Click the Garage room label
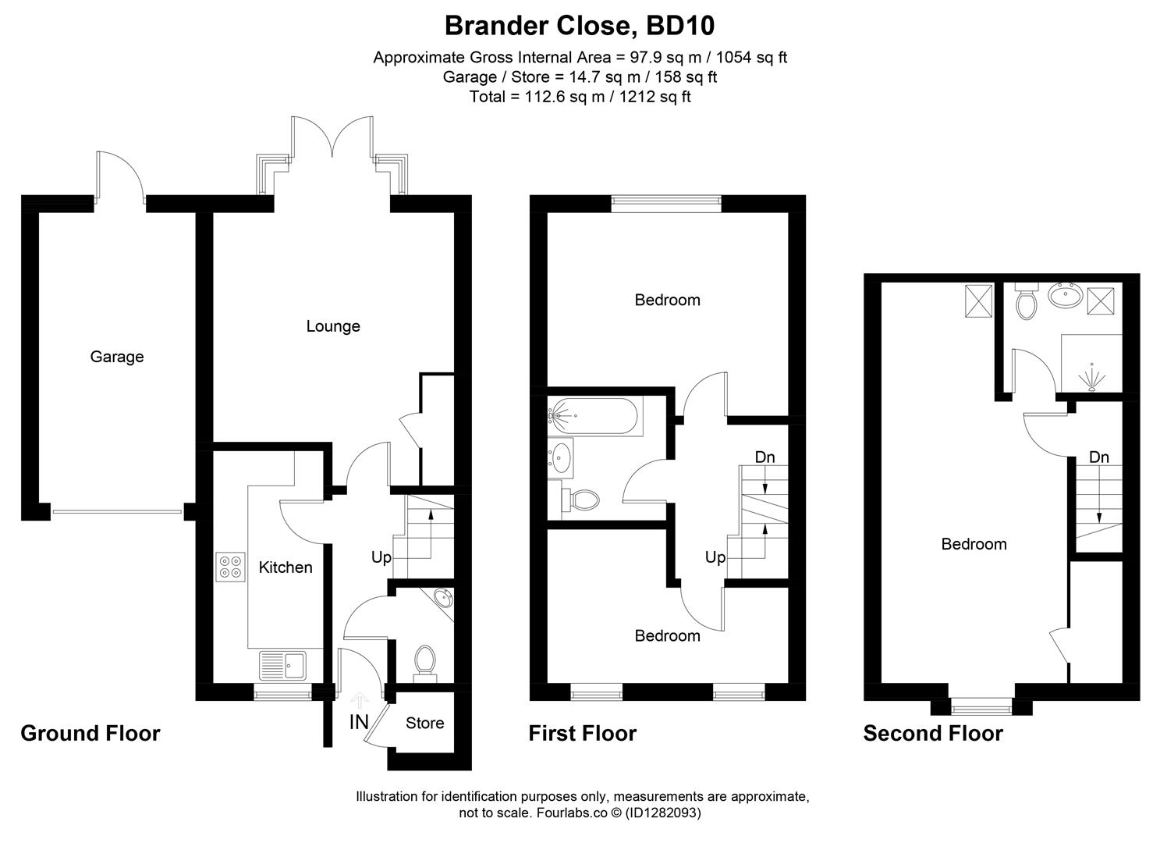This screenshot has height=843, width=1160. [117, 357]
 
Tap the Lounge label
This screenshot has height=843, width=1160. [333, 326]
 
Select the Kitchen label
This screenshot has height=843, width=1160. [286, 567]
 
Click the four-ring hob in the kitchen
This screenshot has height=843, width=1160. [230, 566]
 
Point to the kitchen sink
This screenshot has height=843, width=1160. [283, 665]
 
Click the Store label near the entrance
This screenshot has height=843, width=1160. [424, 724]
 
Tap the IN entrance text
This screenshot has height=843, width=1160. [359, 722]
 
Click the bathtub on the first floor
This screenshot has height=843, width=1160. [595, 416]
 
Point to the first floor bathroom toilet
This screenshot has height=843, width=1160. [580, 499]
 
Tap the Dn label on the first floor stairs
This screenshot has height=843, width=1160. [764, 457]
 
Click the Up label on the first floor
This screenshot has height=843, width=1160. [715, 557]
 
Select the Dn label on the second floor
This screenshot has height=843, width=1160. [1098, 457]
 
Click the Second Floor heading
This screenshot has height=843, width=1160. [933, 734]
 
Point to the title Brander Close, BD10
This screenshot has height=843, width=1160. [579, 26]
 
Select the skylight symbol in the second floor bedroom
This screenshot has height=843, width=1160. [978, 301]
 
